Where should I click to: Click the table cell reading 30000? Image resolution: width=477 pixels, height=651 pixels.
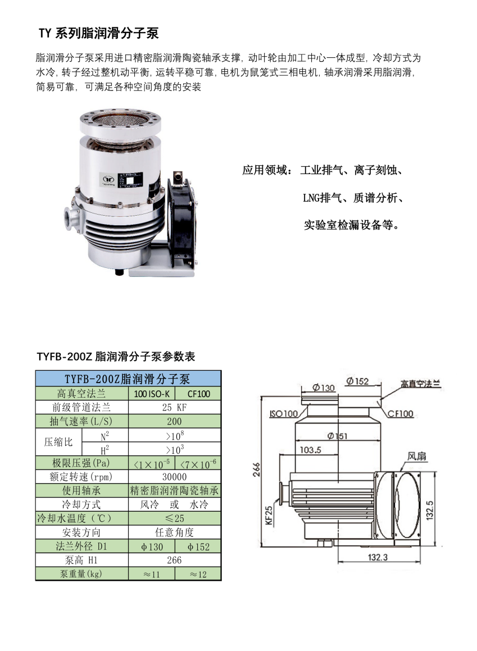click(x=174, y=477)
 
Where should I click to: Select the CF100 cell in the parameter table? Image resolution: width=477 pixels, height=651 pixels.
click(x=198, y=394)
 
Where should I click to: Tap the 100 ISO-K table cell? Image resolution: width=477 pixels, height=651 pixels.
click(x=152, y=394)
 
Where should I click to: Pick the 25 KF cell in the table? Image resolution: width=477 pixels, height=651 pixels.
click(x=174, y=407)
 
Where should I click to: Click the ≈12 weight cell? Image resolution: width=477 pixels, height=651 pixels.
click(x=198, y=574)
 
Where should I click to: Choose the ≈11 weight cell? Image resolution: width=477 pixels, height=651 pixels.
click(x=152, y=574)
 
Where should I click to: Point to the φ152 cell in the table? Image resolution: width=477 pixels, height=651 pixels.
click(x=198, y=547)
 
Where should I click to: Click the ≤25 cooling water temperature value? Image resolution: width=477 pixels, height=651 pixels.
click(x=174, y=518)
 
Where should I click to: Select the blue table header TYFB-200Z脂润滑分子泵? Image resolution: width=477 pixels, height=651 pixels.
click(x=128, y=379)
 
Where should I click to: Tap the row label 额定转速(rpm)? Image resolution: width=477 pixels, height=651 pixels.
click(x=82, y=477)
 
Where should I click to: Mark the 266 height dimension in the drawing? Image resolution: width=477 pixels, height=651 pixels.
click(x=257, y=469)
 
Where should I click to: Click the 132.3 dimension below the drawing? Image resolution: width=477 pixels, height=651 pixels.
click(x=378, y=557)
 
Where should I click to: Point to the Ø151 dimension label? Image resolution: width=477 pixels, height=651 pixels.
click(x=337, y=436)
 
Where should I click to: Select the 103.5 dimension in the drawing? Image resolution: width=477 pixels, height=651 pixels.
click(x=311, y=450)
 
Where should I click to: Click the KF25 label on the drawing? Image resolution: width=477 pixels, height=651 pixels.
click(x=269, y=515)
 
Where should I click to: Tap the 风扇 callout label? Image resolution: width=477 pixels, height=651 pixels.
click(x=416, y=456)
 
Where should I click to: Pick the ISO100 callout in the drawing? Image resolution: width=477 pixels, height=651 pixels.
click(x=284, y=413)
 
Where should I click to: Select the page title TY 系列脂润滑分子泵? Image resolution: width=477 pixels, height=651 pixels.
click(x=99, y=33)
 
